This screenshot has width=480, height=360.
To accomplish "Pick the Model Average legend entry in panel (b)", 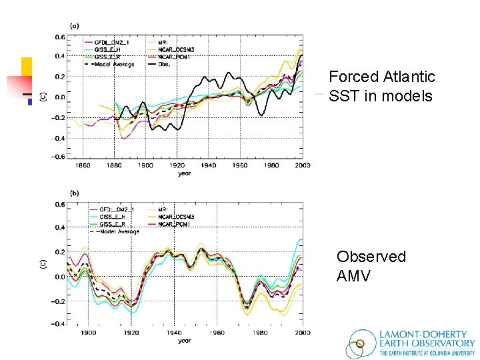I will [117, 231].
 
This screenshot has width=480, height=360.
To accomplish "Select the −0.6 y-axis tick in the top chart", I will [58, 157].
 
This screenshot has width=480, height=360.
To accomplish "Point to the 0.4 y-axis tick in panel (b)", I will [59, 228].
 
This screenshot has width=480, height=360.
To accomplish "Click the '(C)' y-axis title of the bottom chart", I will [41, 264].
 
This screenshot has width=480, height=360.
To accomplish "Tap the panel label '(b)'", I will [75, 193].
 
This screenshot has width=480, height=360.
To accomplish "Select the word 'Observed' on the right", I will [371, 257].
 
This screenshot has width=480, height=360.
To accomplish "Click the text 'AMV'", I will [353, 276].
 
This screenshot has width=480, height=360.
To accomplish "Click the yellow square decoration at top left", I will [27, 67].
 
